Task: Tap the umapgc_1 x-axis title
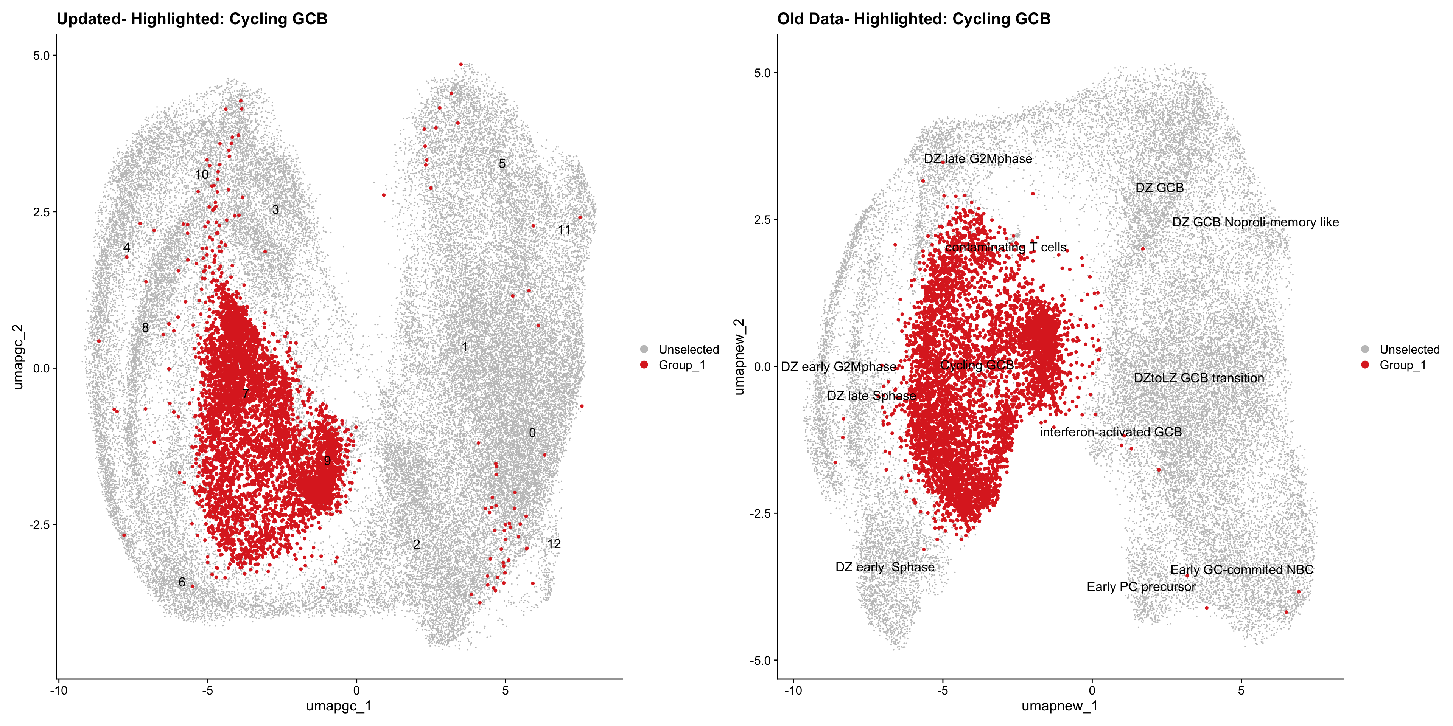click(x=338, y=706)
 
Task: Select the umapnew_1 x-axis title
click(x=1059, y=706)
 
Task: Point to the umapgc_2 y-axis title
click(x=18, y=356)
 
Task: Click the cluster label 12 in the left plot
click(x=554, y=544)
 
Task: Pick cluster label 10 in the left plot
click(x=202, y=175)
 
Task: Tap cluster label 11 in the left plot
click(x=564, y=230)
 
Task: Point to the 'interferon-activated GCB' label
click(x=1111, y=432)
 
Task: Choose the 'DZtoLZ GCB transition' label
click(x=1199, y=378)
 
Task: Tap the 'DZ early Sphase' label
click(x=884, y=567)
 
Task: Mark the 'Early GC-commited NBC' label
click(x=1241, y=570)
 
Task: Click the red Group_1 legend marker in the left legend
click(x=644, y=365)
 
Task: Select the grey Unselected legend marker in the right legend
click(x=1365, y=349)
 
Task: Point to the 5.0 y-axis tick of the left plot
click(x=41, y=56)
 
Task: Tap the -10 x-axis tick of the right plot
click(x=793, y=690)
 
